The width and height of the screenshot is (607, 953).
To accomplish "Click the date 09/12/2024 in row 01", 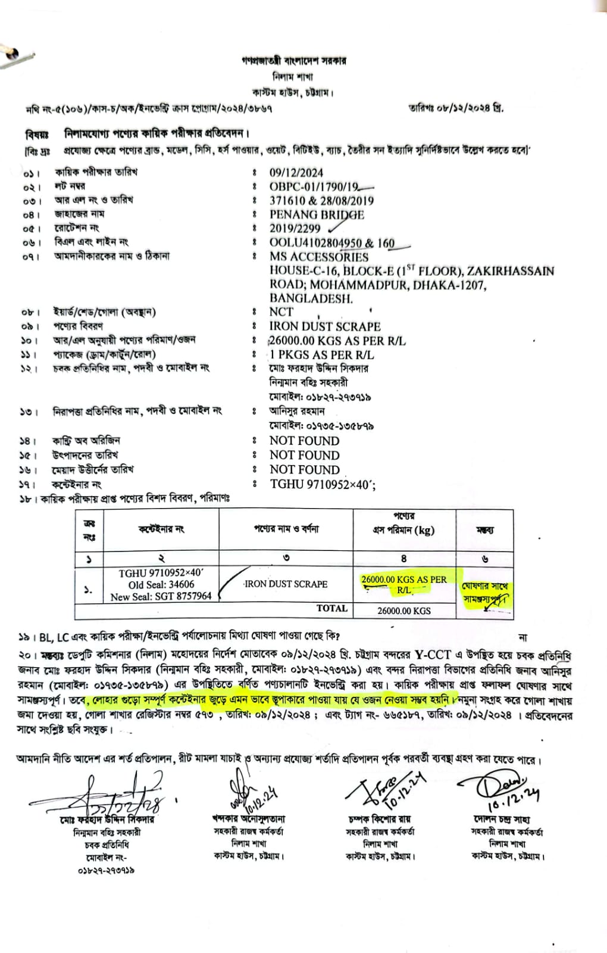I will coord(296,173).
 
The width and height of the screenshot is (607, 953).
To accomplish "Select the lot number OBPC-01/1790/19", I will coord(314,186).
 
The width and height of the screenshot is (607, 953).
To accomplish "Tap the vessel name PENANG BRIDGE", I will coord(317,214).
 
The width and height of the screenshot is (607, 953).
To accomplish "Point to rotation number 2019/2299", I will coord(295,228).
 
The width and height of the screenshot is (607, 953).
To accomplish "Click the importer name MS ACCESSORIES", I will coord(319,257).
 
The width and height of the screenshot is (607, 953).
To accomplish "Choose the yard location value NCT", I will coord(281,312).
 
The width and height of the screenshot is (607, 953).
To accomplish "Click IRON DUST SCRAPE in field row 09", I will coord(325,326).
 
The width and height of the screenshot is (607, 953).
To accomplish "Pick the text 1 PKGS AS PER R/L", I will coord(322,354).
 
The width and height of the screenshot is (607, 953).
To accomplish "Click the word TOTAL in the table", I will coord(332,608).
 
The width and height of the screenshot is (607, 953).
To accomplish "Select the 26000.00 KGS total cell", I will coord(404,611).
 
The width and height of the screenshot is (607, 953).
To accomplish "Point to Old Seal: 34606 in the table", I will coord(161,584).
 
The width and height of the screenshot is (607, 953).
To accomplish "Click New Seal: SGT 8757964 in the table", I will coord(161,596).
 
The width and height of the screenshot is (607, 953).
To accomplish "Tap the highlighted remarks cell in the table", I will coord(484,592).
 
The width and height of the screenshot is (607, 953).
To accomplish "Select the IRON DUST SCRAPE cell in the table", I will coord(286,584).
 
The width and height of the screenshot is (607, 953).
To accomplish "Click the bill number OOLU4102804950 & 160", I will coord(332,243).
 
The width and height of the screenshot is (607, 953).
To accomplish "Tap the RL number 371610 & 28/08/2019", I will coord(321,201).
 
